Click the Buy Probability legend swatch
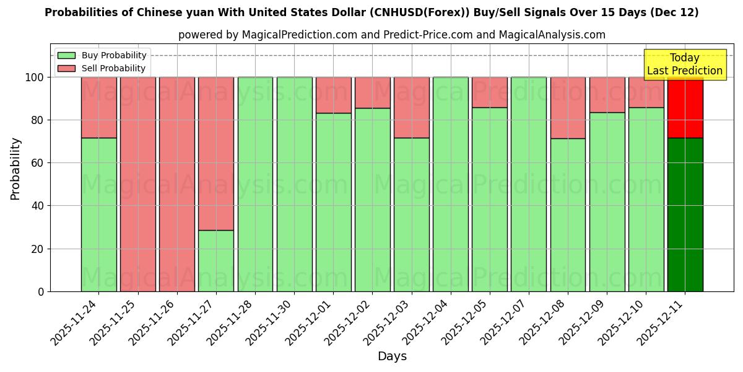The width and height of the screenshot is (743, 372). point(66,56)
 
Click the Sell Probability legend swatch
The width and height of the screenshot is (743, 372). point(66,69)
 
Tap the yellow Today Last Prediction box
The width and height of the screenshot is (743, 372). point(685,64)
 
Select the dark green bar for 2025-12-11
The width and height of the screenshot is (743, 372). point(685,215)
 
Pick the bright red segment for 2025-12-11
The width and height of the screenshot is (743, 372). point(685,107)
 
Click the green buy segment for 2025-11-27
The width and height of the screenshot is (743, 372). point(216,260)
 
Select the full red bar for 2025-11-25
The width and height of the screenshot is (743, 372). point(138,184)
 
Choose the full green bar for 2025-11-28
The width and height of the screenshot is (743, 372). point(255,184)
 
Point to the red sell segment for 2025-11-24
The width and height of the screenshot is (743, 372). point(99,107)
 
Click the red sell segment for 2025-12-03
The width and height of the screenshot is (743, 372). point(412,107)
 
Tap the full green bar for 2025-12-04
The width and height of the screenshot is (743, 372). point(451,184)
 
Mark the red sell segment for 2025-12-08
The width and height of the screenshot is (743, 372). point(568,107)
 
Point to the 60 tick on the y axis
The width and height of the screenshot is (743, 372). point(40,163)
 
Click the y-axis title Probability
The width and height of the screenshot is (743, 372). point(15,168)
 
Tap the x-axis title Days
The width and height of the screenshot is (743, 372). point(392,356)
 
